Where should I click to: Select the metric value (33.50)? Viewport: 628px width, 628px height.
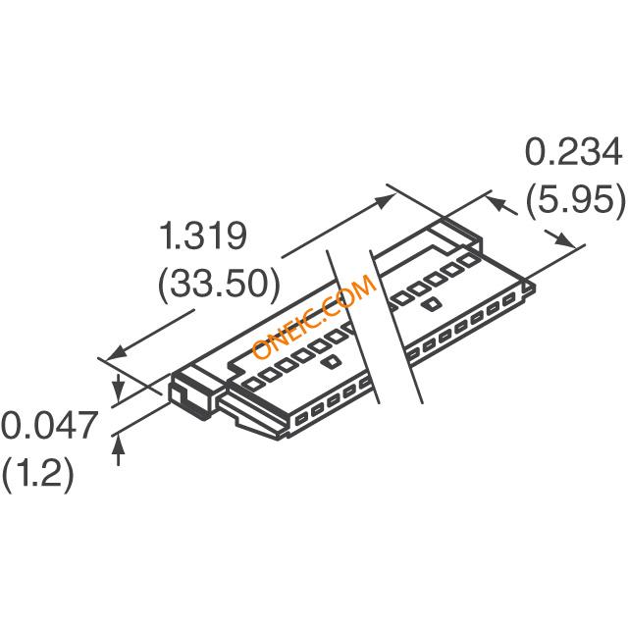pos(219,285)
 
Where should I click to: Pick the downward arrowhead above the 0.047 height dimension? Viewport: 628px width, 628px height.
pos(120,381)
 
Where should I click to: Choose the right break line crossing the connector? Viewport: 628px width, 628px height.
pos(397,324)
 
